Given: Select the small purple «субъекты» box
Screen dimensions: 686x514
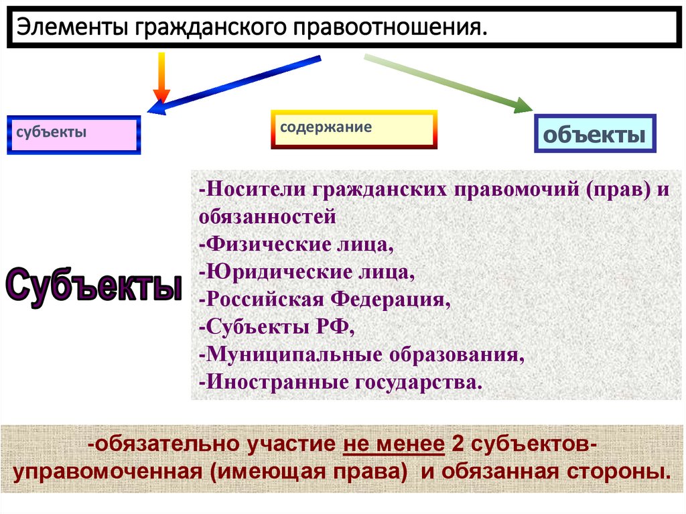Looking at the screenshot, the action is pyautogui.click(x=74, y=135).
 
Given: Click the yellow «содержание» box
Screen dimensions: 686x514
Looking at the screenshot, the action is pyautogui.click(x=354, y=129).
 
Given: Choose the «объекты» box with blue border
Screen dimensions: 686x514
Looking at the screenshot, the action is pyautogui.click(x=594, y=135).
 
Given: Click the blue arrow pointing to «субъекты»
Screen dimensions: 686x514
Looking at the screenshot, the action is pyautogui.click(x=234, y=83).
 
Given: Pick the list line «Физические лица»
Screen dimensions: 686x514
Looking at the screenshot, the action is pyautogui.click(x=295, y=245).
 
